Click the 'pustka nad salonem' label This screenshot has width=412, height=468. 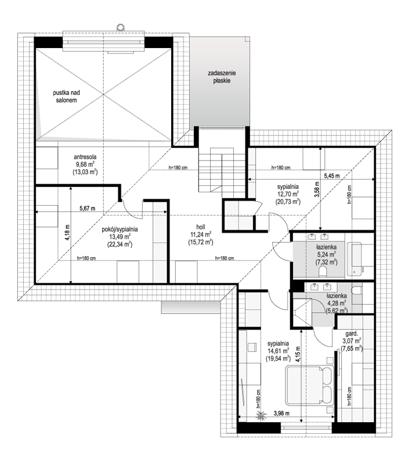tap(66, 96)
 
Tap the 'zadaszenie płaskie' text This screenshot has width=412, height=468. tap(222, 76)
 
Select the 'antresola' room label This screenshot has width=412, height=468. tap(85, 157)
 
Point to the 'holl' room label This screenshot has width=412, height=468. tap(201, 227)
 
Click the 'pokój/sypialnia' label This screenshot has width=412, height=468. tap(120, 229)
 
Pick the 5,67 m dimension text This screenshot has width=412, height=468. tap(87, 209)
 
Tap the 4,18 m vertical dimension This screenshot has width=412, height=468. tap(67, 232)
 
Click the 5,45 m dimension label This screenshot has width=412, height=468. tap(332, 176)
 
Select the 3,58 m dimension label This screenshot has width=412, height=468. tap(317, 189)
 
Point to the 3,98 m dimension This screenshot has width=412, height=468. tap(281, 414)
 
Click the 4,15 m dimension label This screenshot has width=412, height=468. tap(298, 354)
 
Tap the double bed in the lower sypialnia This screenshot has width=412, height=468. tap(309, 386)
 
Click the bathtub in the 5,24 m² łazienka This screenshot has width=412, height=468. tap(356, 259)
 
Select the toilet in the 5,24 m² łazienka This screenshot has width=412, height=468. tap(323, 272)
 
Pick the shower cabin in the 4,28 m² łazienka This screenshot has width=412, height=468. tap(302, 313)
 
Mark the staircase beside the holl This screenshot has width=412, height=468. tap(222, 170)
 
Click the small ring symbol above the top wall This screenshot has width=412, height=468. tap(120, 27)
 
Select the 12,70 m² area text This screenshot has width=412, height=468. tap(288, 194)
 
